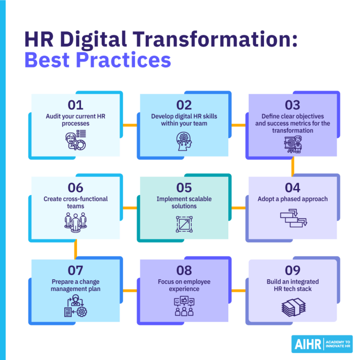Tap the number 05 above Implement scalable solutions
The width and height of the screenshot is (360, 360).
(x=184, y=187)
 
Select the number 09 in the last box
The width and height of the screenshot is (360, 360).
(x=292, y=270)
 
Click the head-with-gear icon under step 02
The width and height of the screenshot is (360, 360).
(x=184, y=140)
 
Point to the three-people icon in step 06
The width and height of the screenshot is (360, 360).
(x=75, y=222)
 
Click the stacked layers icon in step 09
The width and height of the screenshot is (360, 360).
(x=292, y=307)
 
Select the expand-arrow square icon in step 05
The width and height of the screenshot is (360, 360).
(x=184, y=224)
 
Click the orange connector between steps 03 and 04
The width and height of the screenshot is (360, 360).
(x=292, y=166)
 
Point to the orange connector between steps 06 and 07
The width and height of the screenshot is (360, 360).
(x=75, y=250)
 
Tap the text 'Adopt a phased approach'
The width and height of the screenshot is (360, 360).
(x=292, y=199)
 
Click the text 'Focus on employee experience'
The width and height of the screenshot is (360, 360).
(x=184, y=285)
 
